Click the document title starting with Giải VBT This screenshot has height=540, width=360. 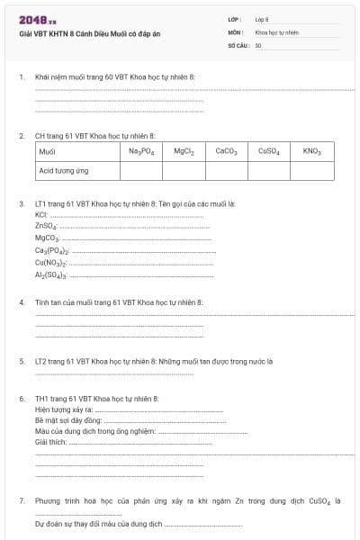pos(85,33)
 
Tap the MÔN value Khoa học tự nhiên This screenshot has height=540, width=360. pos(276,31)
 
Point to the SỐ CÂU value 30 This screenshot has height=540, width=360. pos(258,44)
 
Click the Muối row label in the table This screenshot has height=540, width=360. pos(48,152)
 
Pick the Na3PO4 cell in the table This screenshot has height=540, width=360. pos(141,152)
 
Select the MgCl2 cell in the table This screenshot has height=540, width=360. pos(184,152)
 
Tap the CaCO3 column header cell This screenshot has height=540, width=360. pos(226,152)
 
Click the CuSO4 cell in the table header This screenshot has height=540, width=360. pos(269,152)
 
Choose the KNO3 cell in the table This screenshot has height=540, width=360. pos(312,152)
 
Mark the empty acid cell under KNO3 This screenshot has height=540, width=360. pos(312,169)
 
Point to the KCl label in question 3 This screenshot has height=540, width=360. pos(40,216)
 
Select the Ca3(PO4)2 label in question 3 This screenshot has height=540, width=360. pos(52,251)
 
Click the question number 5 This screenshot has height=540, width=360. pos(22,361)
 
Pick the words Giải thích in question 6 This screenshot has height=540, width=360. pos(52,442)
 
